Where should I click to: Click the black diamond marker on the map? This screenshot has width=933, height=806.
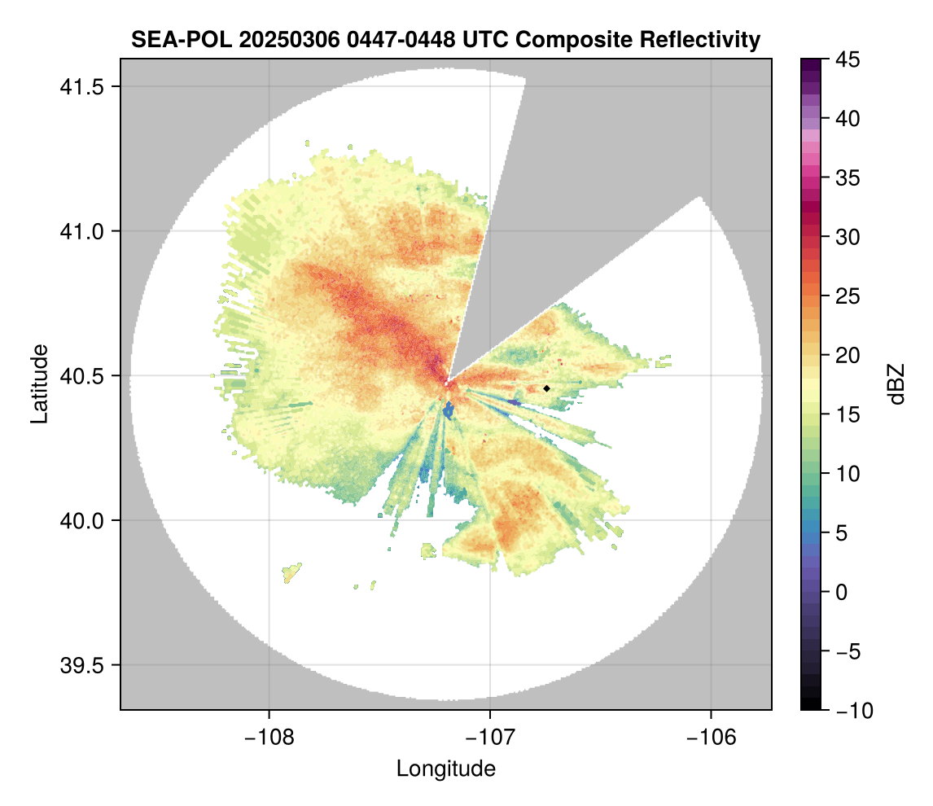pos(547,388)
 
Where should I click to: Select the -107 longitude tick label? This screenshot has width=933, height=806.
pos(489,737)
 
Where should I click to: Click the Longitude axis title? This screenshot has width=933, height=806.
pos(445,769)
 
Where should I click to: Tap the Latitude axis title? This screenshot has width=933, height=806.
pos(38,383)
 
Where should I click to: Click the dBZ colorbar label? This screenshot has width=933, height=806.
pos(896,383)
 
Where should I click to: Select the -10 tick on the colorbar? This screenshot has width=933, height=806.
pos(851,711)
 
